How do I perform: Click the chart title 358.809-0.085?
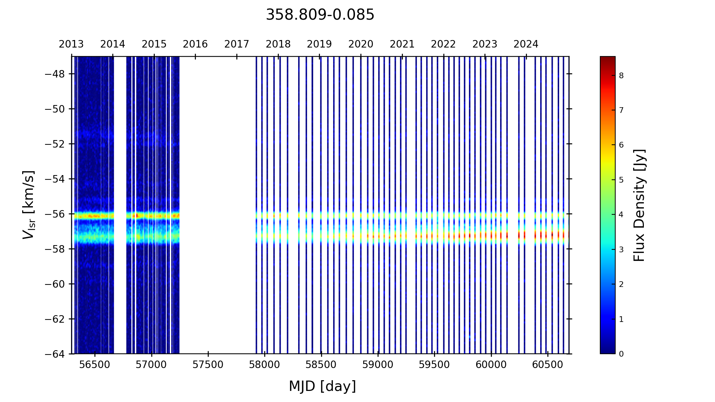click(x=320, y=15)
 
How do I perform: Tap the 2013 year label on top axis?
click(x=71, y=44)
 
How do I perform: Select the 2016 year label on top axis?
click(x=195, y=44)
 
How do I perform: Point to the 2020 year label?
click(x=361, y=44)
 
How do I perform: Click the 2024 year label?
click(x=526, y=44)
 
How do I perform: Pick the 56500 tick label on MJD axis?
click(x=95, y=365)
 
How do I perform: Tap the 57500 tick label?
click(x=208, y=365)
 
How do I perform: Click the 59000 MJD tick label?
click(x=378, y=365)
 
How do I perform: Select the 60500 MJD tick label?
click(x=548, y=365)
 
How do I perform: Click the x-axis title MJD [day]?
click(x=322, y=386)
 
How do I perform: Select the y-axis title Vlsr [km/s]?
click(x=29, y=205)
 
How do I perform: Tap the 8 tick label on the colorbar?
click(x=621, y=75)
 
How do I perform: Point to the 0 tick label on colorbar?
click(x=621, y=354)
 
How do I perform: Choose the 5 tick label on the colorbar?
click(x=621, y=180)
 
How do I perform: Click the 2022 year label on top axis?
click(x=443, y=44)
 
